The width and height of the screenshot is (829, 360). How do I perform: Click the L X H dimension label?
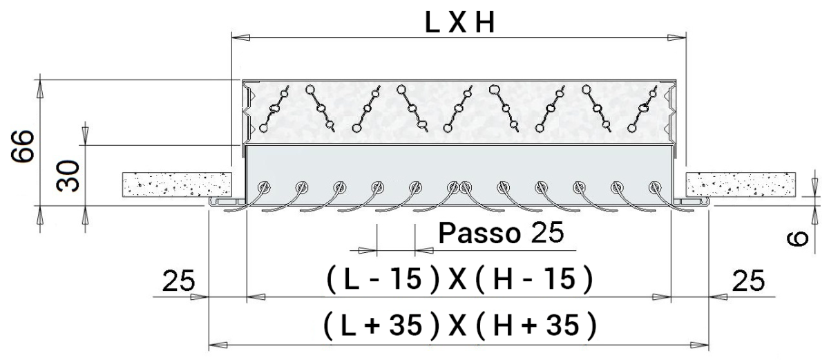tap(459, 23)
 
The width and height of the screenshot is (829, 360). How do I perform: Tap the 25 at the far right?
tap(747, 281)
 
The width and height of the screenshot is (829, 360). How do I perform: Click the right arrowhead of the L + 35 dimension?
tap(703, 343)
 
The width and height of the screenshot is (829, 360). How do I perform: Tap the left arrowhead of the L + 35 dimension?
tap(216, 343)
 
